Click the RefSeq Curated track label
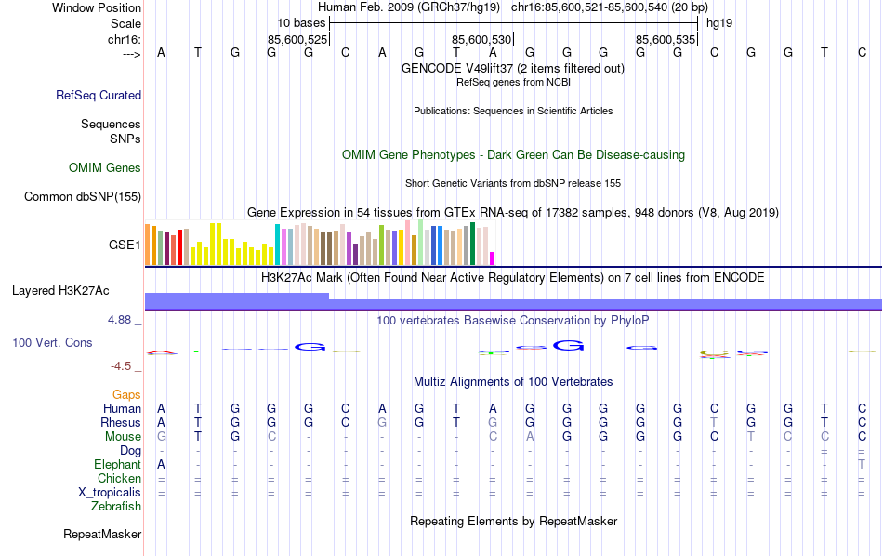[x=99, y=95]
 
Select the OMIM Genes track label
[x=105, y=167]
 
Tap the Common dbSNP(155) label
[x=83, y=196]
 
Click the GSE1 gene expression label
[x=125, y=245]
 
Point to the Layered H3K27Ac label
[x=60, y=290]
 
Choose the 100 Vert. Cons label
[x=52, y=342]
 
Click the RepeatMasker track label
[x=102, y=535]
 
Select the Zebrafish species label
[x=116, y=507]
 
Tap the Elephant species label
[x=117, y=464]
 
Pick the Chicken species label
[x=119, y=478]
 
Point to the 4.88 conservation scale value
[x=121, y=319]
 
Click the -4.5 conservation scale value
[x=122, y=366]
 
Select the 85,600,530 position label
[x=481, y=40]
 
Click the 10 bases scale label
[x=300, y=22]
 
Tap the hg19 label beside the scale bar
[x=719, y=22]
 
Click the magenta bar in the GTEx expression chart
[x=493, y=258]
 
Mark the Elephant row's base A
[x=161, y=464]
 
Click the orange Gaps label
[x=127, y=395]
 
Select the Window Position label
[x=97, y=7]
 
